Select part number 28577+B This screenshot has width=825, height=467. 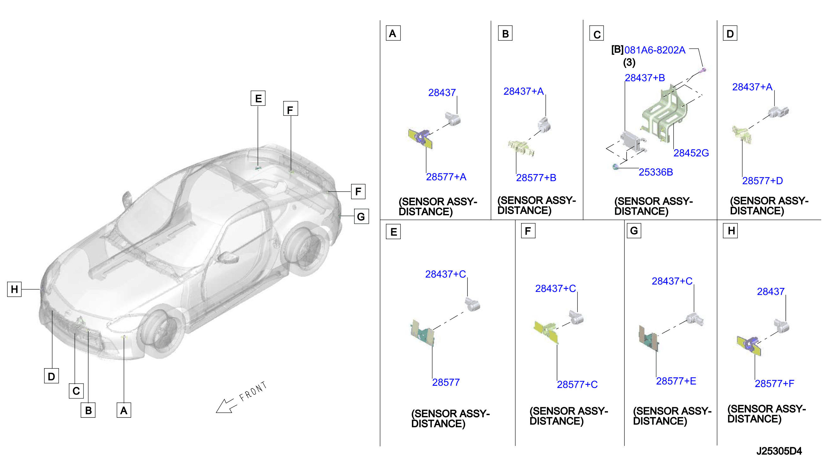536,178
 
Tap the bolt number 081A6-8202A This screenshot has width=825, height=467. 655,50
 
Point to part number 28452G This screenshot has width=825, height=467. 691,153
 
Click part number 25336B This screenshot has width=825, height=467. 656,172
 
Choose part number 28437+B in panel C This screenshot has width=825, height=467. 645,78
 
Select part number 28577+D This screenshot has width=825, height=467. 762,181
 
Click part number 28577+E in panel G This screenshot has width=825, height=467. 676,381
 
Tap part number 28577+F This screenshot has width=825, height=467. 774,384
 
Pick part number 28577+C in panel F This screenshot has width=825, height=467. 577,385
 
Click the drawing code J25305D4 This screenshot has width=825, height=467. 779,451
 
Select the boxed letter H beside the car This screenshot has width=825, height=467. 14,289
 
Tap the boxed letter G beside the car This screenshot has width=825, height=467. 361,217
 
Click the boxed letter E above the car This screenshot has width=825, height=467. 258,98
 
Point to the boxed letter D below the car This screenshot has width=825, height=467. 51,376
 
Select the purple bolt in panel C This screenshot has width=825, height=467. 702,70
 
